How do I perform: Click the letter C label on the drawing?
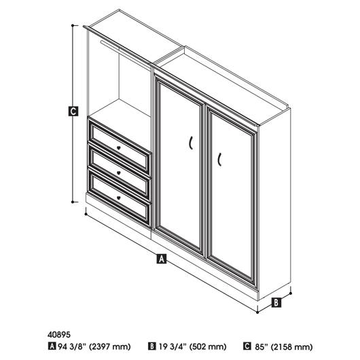pos(73,111)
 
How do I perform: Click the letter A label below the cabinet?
pos(162,259)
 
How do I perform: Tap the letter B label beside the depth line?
pos(276,302)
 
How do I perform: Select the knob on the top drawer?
pos(118,148)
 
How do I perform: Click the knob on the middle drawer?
pos(118,173)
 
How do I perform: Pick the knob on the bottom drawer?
pos(118,198)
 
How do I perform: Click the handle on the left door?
pos(191,143)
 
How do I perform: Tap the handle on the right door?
pos(219,159)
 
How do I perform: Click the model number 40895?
pos(59,335)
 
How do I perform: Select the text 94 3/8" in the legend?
pos(71,346)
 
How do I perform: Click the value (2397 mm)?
pos(110,346)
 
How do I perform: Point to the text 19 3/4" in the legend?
pos(173,346)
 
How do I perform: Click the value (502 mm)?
pos(208,346)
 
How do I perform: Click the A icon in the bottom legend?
pos(52,346)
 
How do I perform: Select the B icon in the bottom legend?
pos(151,346)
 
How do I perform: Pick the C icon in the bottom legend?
pos(247,346)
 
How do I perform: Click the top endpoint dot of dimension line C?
pos(73,26)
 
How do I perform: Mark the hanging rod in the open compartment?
pos(126,54)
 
